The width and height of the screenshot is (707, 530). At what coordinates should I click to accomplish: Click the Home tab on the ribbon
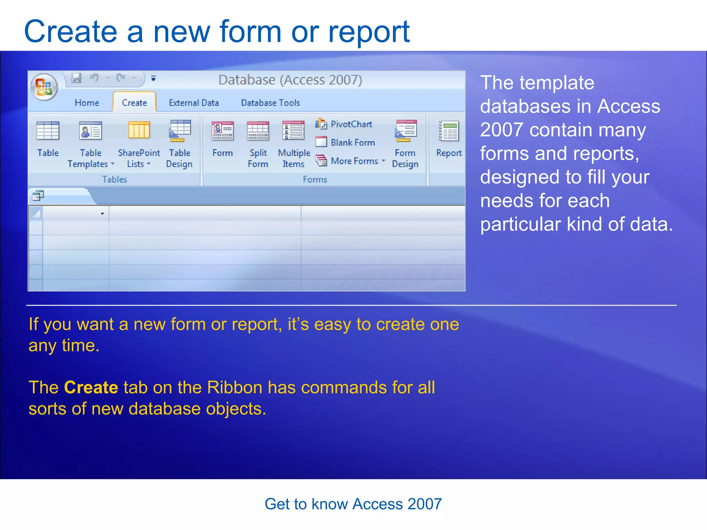click(87, 103)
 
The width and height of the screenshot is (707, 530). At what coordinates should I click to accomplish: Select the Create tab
click(134, 103)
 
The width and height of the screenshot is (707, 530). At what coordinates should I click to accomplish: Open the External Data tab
click(194, 103)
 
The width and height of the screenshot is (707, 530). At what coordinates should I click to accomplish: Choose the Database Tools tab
click(270, 103)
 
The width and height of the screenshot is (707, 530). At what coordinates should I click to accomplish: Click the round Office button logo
click(44, 87)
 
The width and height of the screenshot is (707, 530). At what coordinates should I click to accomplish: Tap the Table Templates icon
click(90, 131)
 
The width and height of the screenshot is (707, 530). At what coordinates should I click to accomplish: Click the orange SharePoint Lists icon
click(139, 130)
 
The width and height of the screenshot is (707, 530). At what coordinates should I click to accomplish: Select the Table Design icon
click(180, 131)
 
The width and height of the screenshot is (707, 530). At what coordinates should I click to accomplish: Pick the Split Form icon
click(258, 131)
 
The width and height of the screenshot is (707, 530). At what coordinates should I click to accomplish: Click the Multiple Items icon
click(293, 131)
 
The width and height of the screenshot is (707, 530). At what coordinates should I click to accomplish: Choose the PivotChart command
click(344, 124)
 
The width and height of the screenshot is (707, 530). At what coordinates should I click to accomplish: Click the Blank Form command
click(345, 142)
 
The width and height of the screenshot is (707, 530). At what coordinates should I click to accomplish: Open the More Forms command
click(350, 161)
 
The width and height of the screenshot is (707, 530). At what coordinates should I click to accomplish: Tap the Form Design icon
click(406, 131)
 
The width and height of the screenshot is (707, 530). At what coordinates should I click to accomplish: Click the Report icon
click(449, 131)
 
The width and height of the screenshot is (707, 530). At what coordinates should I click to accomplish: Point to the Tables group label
click(114, 179)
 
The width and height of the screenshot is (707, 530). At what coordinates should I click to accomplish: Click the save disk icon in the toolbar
click(76, 78)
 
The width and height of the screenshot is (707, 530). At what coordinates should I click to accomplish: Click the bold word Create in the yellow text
click(91, 387)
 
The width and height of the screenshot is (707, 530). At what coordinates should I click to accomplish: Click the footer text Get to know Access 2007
click(353, 504)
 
